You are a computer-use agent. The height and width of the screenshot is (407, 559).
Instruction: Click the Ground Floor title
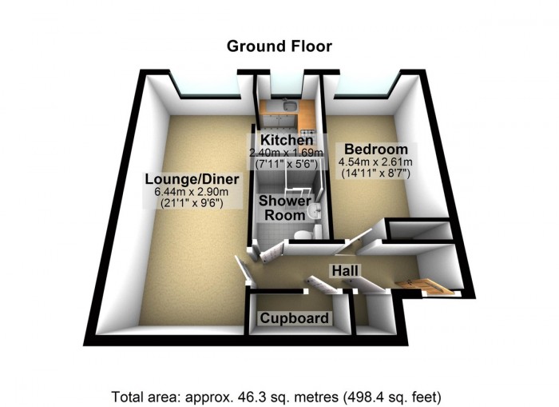click(279, 46)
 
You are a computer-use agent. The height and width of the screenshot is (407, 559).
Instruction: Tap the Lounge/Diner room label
click(192, 179)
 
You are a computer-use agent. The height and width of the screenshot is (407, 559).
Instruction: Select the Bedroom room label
click(376, 149)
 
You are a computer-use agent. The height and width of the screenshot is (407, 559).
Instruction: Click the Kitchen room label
click(287, 140)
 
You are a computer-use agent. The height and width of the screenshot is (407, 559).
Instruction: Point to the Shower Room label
click(285, 208)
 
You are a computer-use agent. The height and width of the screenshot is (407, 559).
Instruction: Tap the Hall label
click(345, 270)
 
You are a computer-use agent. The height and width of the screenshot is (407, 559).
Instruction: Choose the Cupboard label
click(295, 317)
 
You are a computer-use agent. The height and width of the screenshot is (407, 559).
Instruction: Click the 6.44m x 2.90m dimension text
click(191, 192)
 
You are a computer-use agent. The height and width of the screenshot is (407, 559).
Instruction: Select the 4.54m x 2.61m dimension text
click(376, 162)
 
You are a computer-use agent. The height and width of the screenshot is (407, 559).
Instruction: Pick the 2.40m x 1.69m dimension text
click(286, 153)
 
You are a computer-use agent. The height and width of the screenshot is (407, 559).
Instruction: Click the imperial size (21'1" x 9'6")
click(192, 203)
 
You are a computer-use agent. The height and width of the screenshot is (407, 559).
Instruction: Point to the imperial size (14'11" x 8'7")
click(376, 174)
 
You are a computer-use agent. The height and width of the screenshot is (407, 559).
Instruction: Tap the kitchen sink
click(289, 106)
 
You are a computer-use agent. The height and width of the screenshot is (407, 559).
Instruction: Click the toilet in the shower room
click(304, 234)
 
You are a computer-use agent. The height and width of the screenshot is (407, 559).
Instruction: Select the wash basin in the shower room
click(315, 210)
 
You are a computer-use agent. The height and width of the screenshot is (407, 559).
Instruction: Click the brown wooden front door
click(424, 287)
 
